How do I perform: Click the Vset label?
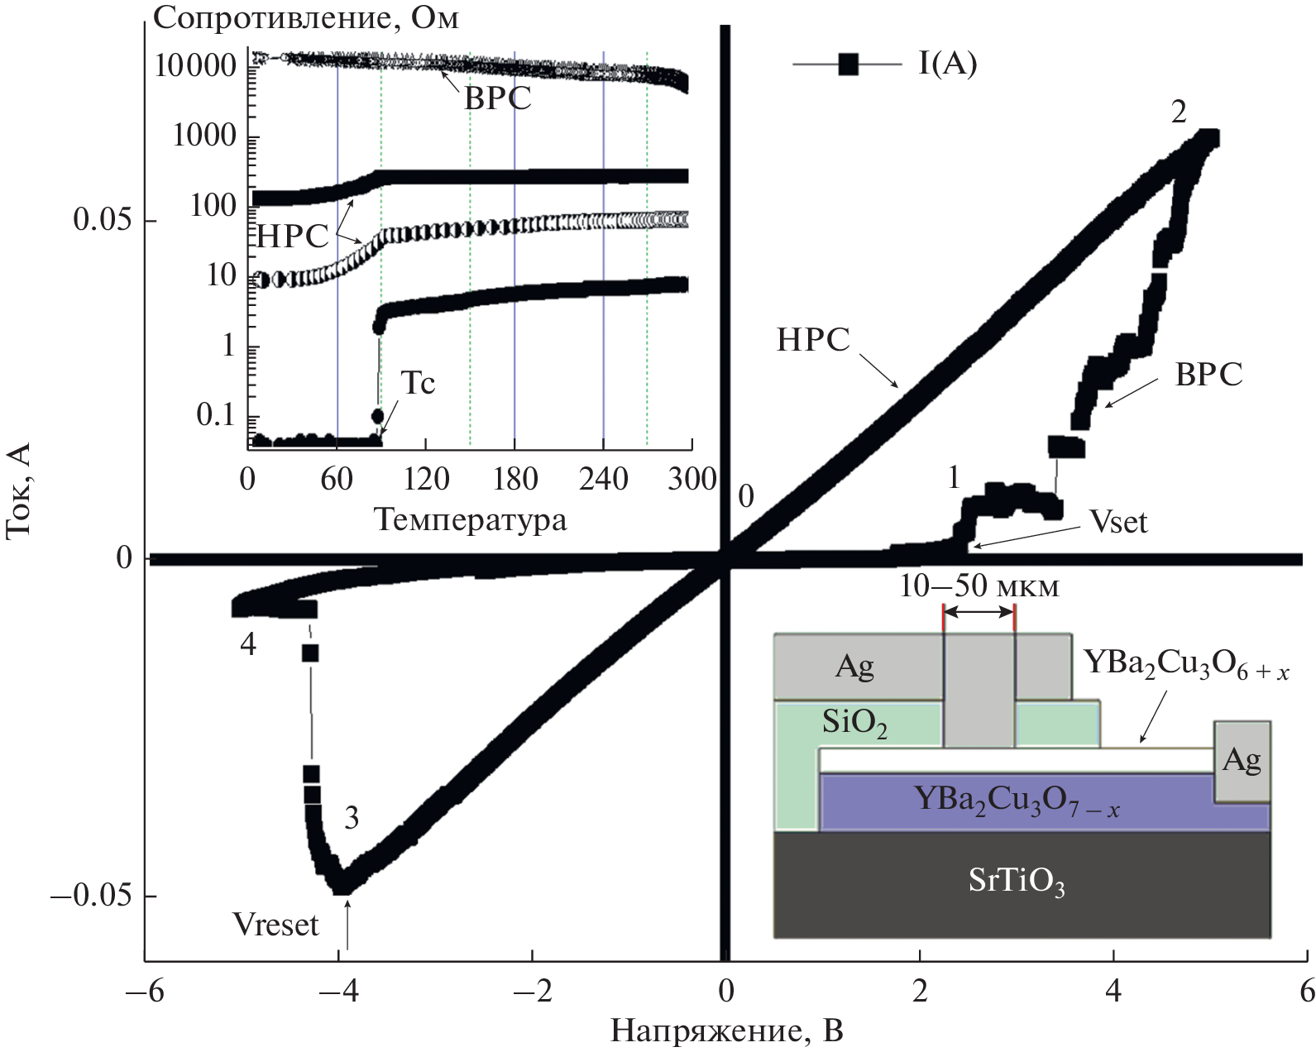(x=1118, y=523)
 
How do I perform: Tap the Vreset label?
(x=275, y=925)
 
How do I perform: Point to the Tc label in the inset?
(x=418, y=384)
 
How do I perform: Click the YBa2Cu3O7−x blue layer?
(x=1017, y=800)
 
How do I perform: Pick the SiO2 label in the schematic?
(x=854, y=724)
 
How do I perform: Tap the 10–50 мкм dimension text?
(x=979, y=586)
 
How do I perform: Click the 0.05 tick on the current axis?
(x=103, y=220)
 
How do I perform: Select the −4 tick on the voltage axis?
(x=339, y=991)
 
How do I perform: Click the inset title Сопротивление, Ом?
(x=306, y=18)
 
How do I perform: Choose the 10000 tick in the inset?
(x=196, y=65)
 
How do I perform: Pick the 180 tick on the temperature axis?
(x=514, y=480)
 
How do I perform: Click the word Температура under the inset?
(x=471, y=520)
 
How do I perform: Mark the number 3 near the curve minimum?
(x=352, y=819)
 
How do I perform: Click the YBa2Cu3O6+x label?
(x=1185, y=665)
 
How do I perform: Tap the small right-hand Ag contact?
(x=1242, y=761)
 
